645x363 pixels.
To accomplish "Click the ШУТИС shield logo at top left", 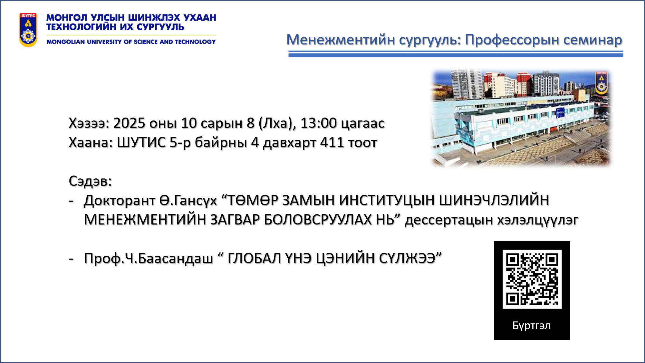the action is pyautogui.click(x=28, y=30).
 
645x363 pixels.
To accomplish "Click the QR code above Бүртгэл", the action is pyautogui.click(x=532, y=279).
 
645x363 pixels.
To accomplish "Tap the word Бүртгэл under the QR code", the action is pyautogui.click(x=531, y=326).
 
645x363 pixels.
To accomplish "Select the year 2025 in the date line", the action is pyautogui.click(x=129, y=123).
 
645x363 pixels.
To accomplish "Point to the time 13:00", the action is pyautogui.click(x=318, y=123).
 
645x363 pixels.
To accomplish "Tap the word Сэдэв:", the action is pyautogui.click(x=90, y=181).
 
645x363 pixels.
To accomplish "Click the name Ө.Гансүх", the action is pyautogui.click(x=188, y=200).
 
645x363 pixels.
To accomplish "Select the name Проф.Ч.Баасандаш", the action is pyautogui.click(x=149, y=258).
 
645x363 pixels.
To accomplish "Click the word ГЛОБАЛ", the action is pyautogui.click(x=254, y=258).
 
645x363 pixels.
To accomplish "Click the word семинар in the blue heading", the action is pyautogui.click(x=593, y=40).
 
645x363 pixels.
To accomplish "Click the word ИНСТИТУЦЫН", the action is pyautogui.click(x=386, y=200).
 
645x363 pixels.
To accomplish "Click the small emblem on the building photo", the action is pyautogui.click(x=601, y=82).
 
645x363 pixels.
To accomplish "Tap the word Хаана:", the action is pyautogui.click(x=91, y=142).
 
